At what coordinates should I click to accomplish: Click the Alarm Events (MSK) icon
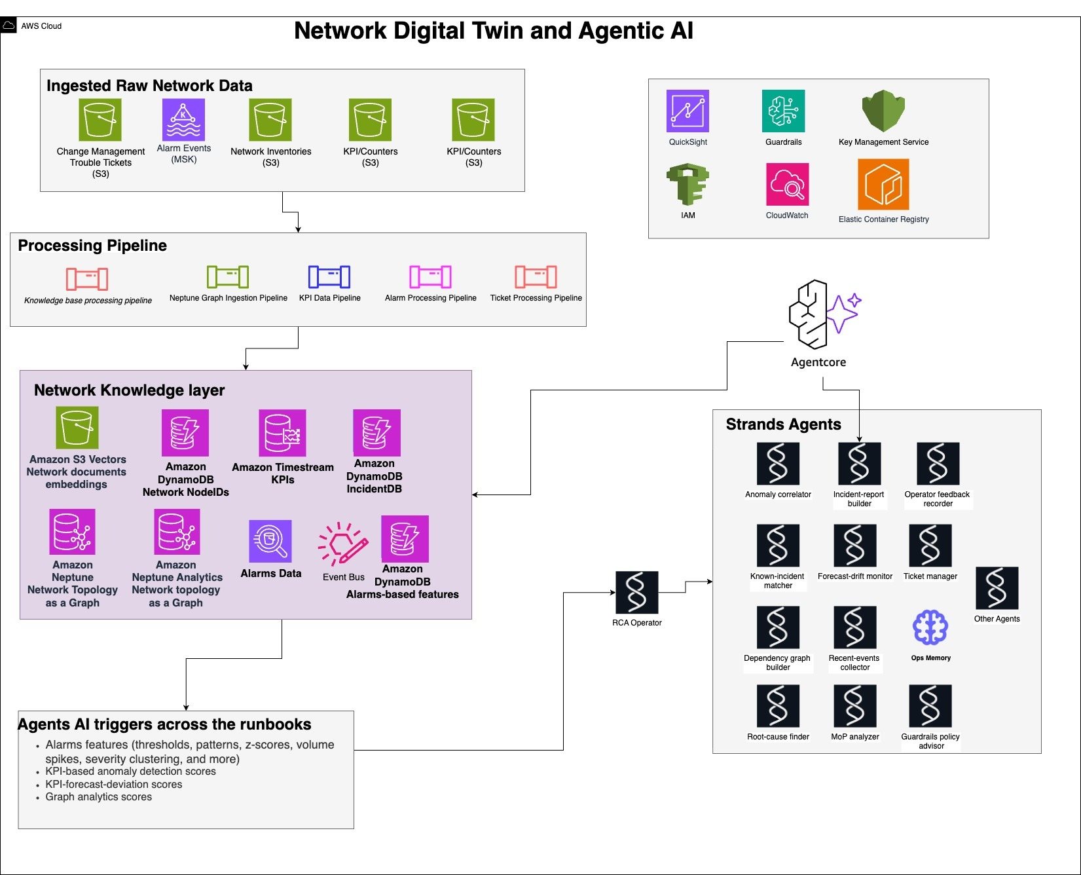tap(183, 120)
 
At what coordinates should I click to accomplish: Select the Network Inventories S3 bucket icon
tap(270, 120)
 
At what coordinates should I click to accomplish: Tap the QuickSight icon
tap(687, 111)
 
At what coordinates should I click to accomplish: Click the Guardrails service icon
tap(783, 111)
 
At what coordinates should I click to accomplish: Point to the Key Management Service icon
tap(883, 111)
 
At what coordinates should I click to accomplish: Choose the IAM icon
tap(687, 185)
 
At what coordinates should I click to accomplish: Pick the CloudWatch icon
tap(787, 185)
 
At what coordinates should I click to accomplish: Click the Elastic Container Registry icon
tap(883, 185)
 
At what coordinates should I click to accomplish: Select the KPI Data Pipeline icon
tap(329, 277)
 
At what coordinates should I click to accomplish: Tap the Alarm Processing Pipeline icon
tap(430, 277)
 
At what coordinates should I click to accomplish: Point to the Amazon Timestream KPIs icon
tap(282, 433)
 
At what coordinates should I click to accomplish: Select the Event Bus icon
tap(343, 544)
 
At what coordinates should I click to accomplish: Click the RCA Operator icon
tap(636, 592)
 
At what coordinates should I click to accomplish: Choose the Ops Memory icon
tap(930, 627)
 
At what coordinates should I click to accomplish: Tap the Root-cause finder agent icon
tap(778, 706)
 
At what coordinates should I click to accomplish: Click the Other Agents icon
tap(997, 588)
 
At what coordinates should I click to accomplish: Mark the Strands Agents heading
tap(783, 424)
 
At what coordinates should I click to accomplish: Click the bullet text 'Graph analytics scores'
tap(98, 797)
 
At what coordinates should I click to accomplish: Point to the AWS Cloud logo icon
tap(9, 26)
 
